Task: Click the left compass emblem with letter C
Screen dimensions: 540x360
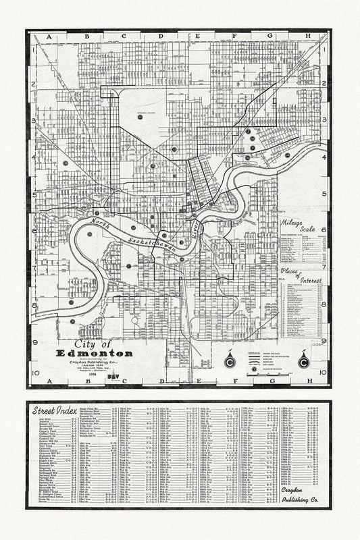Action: pos(228,362)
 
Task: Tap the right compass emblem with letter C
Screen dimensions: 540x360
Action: pos(303,362)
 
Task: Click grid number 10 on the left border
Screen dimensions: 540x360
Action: pos(32,371)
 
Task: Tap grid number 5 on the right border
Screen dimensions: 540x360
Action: pos(325,194)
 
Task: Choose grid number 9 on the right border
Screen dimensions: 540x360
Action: pos(325,341)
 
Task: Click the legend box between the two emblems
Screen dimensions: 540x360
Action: pos(266,362)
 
